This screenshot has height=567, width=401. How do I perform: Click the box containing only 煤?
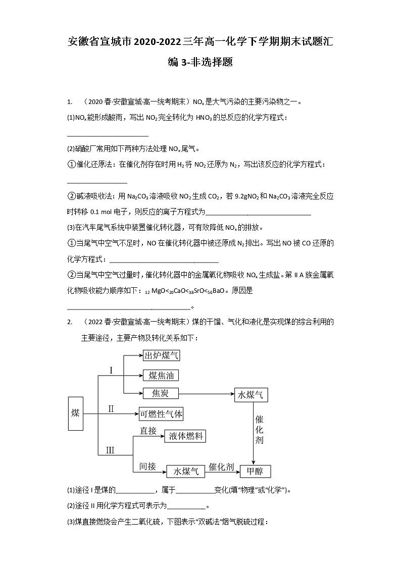(x=75, y=413)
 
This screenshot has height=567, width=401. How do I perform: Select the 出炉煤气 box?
(x=161, y=355)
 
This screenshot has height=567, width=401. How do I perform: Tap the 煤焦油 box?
(x=161, y=375)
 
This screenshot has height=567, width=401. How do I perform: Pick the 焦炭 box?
(x=159, y=393)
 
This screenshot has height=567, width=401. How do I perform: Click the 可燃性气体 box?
(x=161, y=414)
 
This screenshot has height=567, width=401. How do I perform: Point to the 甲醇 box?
(x=255, y=471)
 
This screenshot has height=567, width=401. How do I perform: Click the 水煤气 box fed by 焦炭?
(x=250, y=395)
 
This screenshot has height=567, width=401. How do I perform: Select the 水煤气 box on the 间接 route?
(x=186, y=471)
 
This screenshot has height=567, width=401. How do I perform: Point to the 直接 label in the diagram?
(x=148, y=430)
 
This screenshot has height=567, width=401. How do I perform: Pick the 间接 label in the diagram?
(x=148, y=467)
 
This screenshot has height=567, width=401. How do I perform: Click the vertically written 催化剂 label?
(x=259, y=430)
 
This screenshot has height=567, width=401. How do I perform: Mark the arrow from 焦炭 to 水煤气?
(x=206, y=393)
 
